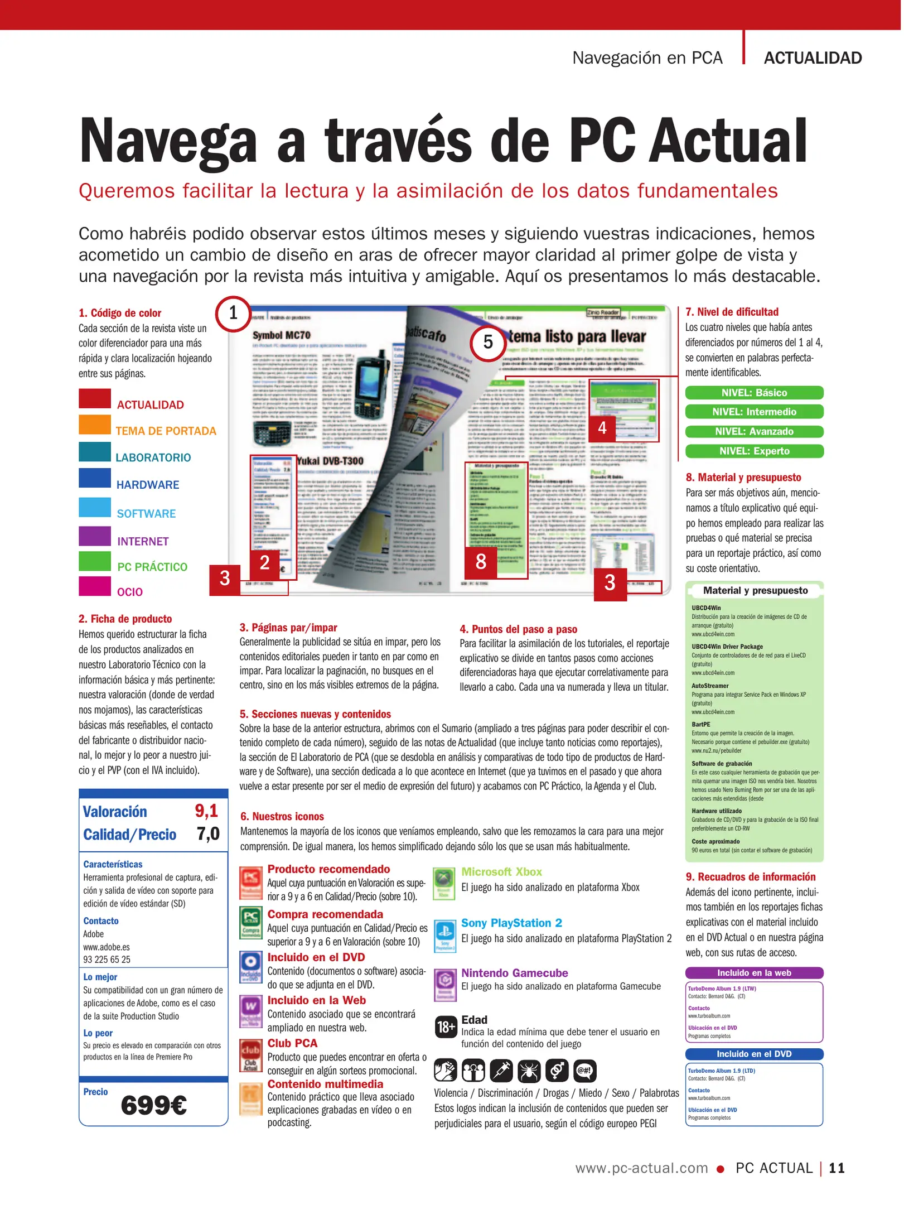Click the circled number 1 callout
tap(233, 314)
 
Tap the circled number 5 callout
tap(487, 342)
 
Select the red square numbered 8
tap(481, 562)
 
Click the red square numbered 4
tap(602, 428)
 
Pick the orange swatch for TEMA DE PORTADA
tap(95, 425)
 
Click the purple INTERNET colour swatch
tap(95, 536)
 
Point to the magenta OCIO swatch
tap(95, 586)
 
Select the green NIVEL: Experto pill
tap(754, 451)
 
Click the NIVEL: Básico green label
tap(754, 393)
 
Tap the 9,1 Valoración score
tap(206, 811)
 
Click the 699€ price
tap(154, 1105)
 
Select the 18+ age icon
tap(446, 1027)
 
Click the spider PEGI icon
tap(528, 1070)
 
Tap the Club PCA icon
tap(250, 1056)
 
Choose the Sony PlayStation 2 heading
tap(511, 923)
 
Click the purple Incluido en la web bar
tap(754, 973)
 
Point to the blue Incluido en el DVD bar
tap(754, 1054)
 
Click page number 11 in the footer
tap(837, 1168)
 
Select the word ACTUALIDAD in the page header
tap(813, 58)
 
